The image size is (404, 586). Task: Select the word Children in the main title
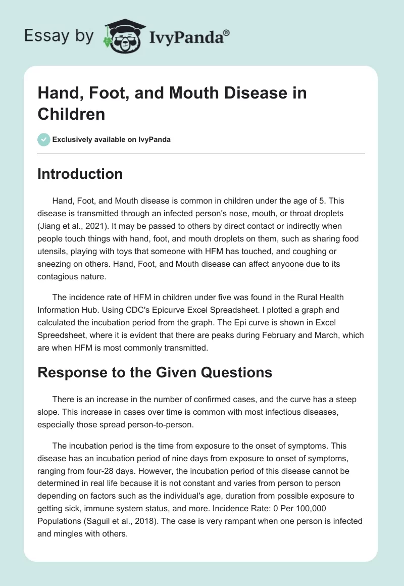tap(71, 114)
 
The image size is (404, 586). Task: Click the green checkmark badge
tap(44, 139)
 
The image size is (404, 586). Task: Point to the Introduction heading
tap(80, 174)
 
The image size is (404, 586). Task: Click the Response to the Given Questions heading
tap(155, 373)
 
